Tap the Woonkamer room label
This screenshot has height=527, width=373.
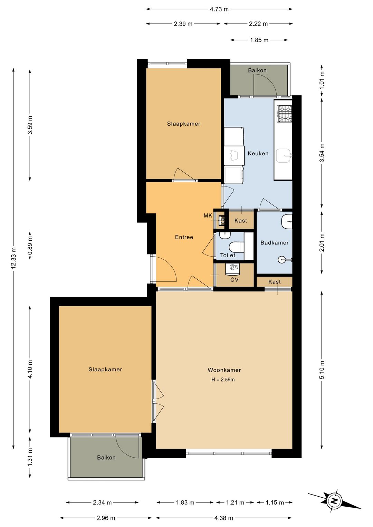coord(224,370)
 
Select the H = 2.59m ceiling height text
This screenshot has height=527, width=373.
coord(223,380)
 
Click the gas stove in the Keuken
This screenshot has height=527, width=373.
coord(284,114)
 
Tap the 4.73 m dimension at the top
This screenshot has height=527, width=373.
coord(219,9)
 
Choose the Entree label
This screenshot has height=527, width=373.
coord(184,237)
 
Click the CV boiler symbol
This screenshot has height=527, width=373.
coord(232,269)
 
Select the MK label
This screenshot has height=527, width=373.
coord(208,215)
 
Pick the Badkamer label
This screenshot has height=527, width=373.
coord(274,242)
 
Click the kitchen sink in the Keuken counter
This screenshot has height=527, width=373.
coord(284,155)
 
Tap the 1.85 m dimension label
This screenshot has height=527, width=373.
coord(259,40)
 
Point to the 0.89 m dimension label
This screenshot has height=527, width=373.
coord(30,246)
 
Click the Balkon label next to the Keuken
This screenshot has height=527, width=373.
coord(257,70)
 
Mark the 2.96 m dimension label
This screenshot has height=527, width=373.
coord(106,518)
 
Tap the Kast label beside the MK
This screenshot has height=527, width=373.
coord(241,221)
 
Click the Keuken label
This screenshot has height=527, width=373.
coord(258,153)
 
